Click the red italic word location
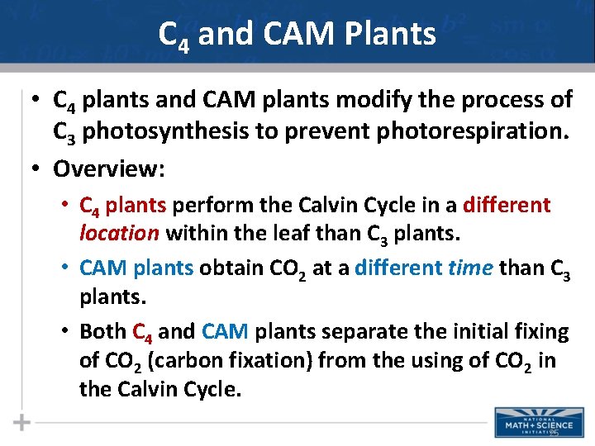(x=119, y=234)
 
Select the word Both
(x=102, y=332)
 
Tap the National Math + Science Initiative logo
(x=539, y=422)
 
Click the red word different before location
(x=507, y=205)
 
